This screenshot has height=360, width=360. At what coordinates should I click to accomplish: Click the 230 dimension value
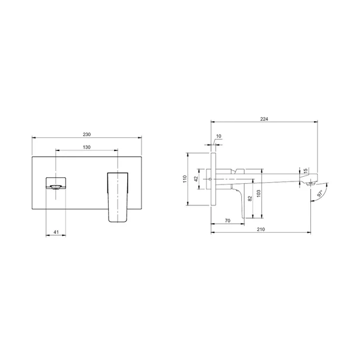[x=87, y=134]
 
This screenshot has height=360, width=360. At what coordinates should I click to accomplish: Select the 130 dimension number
[x=87, y=147]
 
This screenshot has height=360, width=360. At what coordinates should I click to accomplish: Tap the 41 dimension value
[x=56, y=232]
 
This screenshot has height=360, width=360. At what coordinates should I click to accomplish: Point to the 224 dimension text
[x=264, y=119]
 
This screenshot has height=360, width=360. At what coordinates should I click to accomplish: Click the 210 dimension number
[x=260, y=229]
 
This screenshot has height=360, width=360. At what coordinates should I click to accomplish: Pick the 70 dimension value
[x=227, y=221]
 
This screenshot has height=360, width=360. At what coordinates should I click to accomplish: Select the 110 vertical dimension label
[x=185, y=179]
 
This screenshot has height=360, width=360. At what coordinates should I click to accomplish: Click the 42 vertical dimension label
[x=196, y=179]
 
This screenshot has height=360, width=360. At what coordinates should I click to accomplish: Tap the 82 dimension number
[x=250, y=198]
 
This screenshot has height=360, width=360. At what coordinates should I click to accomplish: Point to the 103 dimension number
[x=259, y=194]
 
